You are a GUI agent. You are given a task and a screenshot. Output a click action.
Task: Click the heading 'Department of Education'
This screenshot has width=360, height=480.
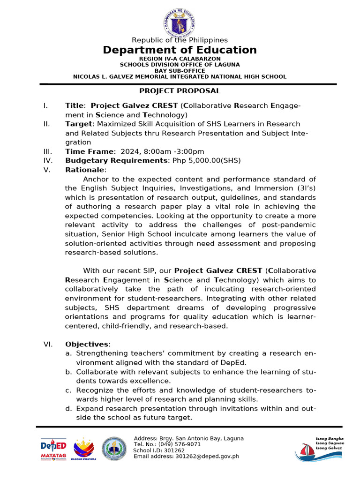click(x=180, y=50)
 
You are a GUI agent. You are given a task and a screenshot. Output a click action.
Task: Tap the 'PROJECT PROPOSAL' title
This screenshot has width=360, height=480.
click(x=180, y=91)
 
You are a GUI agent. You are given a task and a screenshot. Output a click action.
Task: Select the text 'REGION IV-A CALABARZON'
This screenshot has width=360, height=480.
click(x=180, y=59)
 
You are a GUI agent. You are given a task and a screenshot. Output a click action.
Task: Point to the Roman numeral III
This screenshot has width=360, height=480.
click(x=47, y=151)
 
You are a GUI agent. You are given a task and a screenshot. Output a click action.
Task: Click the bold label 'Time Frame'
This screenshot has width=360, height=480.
click(x=89, y=151)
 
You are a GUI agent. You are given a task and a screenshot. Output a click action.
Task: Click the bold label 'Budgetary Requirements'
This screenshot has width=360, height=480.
click(x=115, y=161)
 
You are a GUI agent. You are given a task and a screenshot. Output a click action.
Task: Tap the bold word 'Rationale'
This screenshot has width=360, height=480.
click(x=85, y=170)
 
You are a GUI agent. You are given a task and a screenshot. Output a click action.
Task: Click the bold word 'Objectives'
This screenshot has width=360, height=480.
click(x=87, y=345)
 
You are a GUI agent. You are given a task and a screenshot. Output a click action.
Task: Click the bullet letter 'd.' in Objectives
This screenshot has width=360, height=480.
click(x=68, y=409)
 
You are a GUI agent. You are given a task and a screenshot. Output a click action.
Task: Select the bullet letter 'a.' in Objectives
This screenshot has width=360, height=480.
click(x=68, y=354)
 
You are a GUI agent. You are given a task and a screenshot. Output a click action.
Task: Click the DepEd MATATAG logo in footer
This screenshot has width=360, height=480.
click(x=53, y=449)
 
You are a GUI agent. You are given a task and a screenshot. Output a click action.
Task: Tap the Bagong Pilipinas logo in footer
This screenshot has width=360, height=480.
click(x=83, y=449)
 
